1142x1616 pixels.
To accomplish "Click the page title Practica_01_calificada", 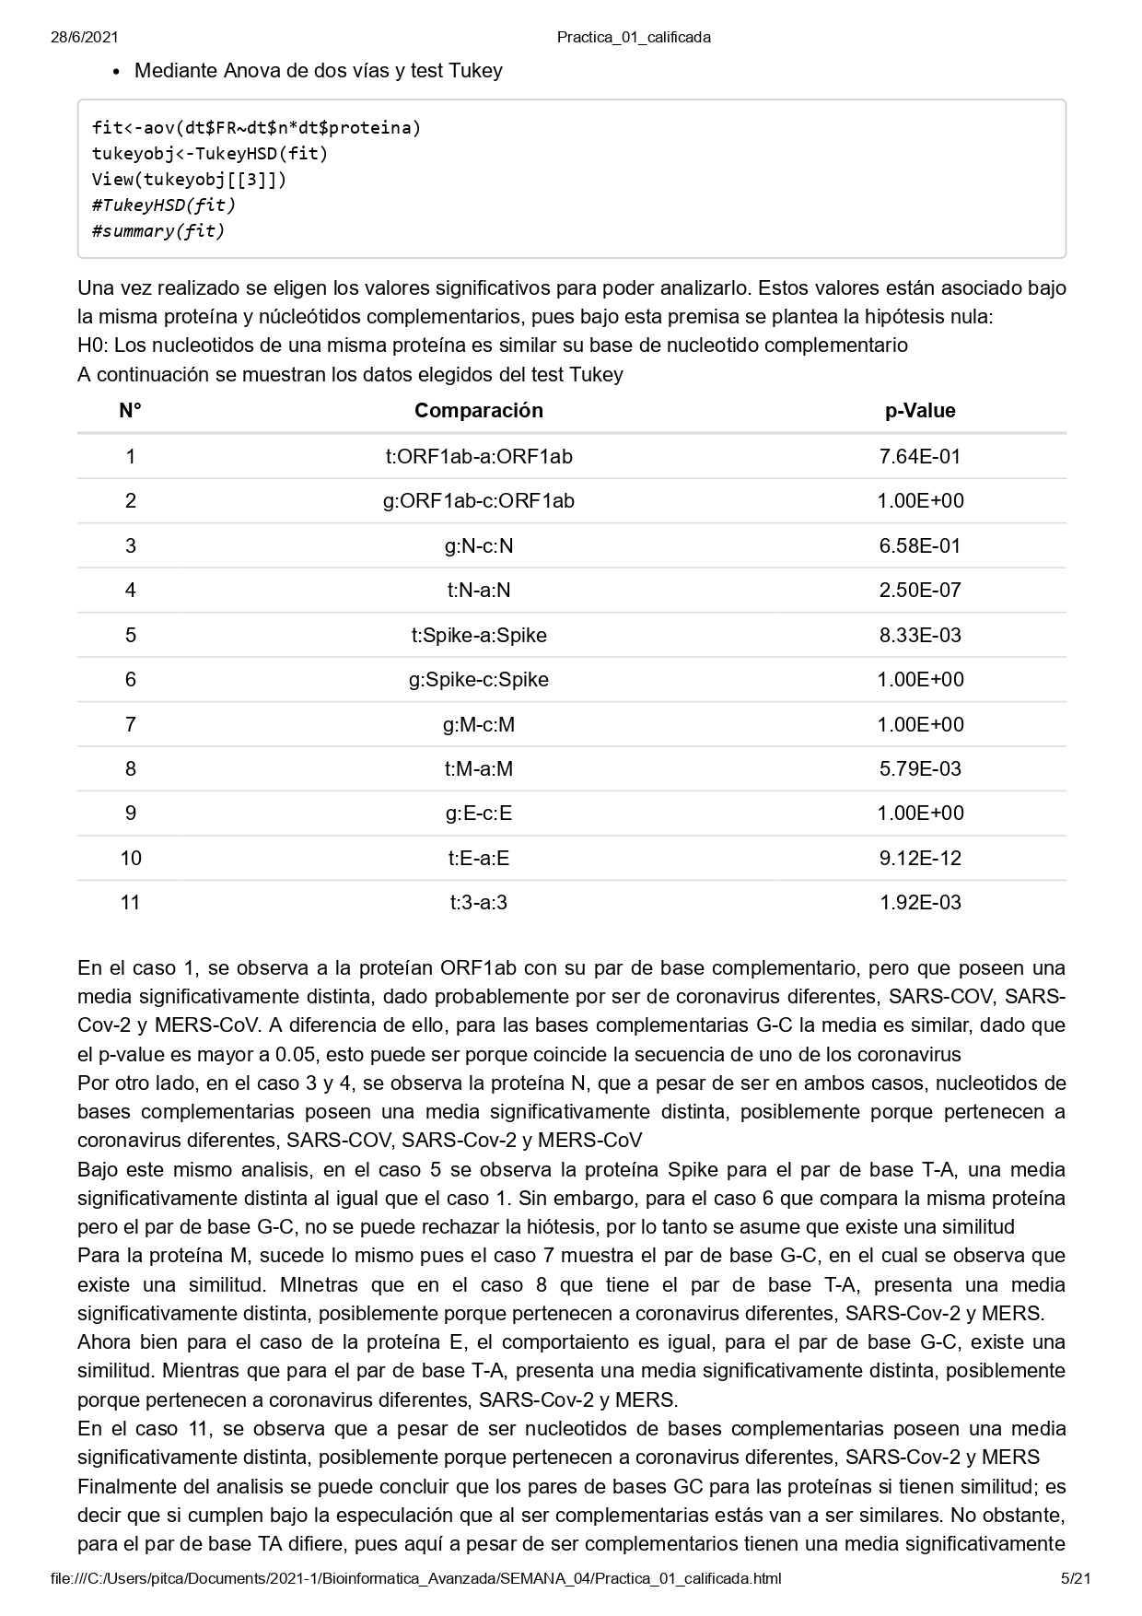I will tap(634, 38).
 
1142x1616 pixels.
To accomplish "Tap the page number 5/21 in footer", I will tap(1076, 1578).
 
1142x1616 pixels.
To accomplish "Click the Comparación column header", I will tap(478, 411).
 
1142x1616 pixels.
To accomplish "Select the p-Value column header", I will tap(919, 411).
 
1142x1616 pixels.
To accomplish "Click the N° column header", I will tap(130, 411).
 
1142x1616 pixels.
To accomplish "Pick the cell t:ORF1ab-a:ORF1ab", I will tap(478, 456).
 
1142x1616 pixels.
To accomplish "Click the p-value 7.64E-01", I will tap(919, 456).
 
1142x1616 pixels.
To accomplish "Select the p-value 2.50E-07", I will tap(919, 591).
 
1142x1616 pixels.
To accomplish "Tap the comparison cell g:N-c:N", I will tap(478, 545).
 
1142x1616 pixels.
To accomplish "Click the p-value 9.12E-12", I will tap(919, 859).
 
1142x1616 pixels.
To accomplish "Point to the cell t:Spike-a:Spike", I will tap(478, 635).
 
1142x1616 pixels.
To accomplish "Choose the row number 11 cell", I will tap(130, 903).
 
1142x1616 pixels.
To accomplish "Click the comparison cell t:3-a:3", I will tap(478, 903).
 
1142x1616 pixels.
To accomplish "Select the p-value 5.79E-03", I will tap(919, 769).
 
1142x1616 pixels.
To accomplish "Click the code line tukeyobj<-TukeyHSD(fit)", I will tap(210, 154).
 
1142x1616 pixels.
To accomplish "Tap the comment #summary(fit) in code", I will tap(157, 231).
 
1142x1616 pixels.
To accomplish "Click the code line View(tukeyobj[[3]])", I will tap(189, 180).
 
